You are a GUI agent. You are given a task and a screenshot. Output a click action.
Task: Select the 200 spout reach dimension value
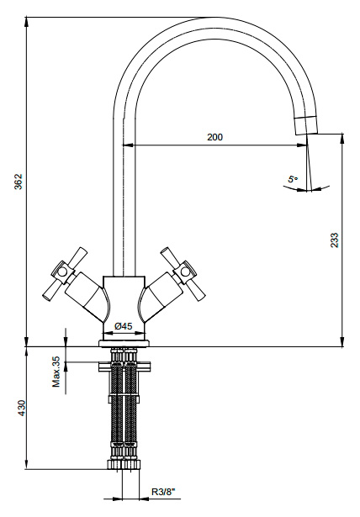(214, 137)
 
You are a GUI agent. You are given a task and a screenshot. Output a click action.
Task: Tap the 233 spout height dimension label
(334, 240)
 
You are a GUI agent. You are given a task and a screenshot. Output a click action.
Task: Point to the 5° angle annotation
(293, 179)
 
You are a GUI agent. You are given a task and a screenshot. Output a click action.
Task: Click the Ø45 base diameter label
(124, 326)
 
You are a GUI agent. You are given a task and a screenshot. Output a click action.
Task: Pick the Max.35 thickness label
(56, 372)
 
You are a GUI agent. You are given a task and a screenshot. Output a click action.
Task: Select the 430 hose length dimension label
(21, 408)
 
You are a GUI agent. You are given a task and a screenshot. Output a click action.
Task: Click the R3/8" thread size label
(163, 492)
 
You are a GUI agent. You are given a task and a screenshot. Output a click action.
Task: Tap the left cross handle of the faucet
(65, 274)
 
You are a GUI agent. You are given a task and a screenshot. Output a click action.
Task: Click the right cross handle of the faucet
(183, 274)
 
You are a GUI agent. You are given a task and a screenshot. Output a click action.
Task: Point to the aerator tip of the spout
(306, 125)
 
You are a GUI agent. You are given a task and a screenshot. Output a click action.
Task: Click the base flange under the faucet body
(124, 344)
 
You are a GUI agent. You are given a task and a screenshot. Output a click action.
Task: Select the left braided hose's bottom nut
(115, 464)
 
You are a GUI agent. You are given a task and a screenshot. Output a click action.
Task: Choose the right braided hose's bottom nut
(132, 464)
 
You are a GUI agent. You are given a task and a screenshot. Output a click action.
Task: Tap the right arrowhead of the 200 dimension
(302, 145)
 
